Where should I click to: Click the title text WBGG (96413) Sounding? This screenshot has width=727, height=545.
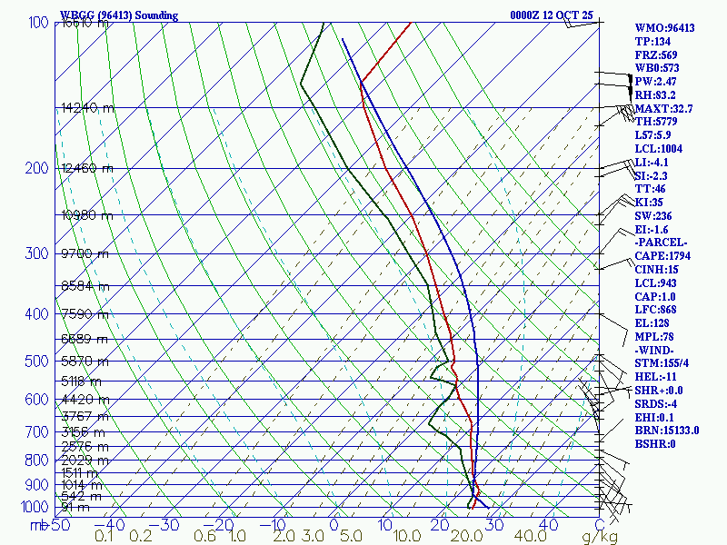point(119,15)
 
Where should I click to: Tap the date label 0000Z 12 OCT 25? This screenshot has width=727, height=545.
point(553,15)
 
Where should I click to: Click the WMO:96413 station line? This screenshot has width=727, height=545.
point(664,28)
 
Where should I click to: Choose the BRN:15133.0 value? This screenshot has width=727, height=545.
point(667,431)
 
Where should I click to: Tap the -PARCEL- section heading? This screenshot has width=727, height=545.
point(662,243)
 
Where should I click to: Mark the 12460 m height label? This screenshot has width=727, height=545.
point(87,168)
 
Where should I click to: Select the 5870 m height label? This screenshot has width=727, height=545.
point(85,361)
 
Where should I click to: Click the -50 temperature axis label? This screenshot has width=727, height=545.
point(60,525)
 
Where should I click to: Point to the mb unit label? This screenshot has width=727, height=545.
point(39,525)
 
